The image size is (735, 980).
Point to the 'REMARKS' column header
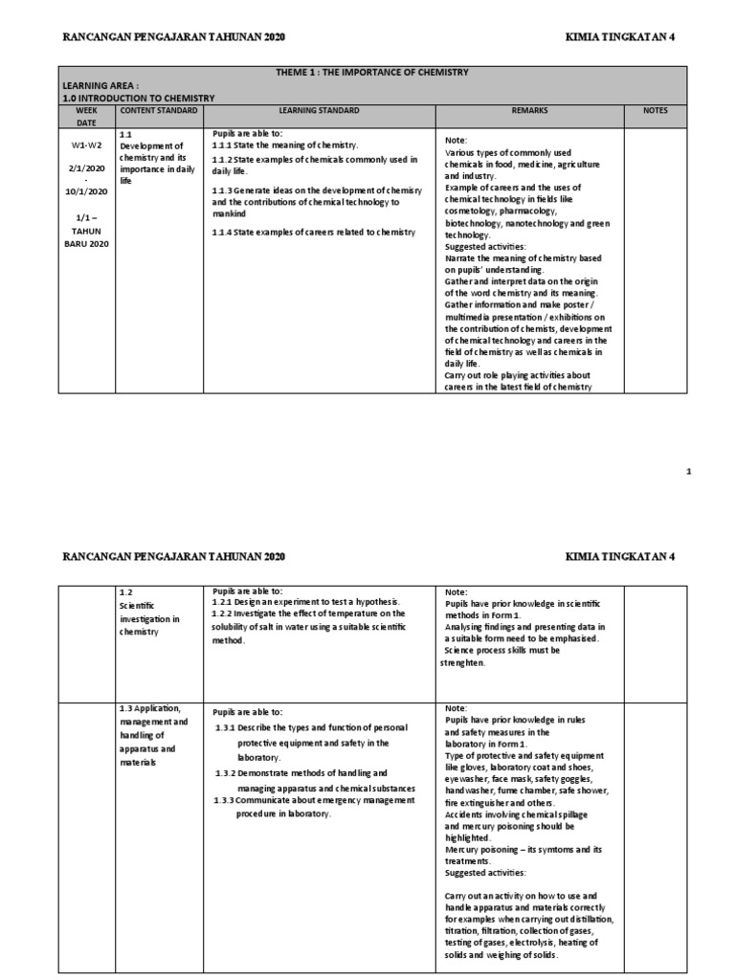pyautogui.click(x=529, y=111)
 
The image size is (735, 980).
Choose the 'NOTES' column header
pyautogui.click(x=656, y=111)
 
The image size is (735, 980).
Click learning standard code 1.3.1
pyautogui.click(x=228, y=727)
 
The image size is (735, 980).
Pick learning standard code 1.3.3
pyautogui.click(x=228, y=800)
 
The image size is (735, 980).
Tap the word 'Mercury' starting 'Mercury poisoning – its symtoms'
pyautogui.click(x=464, y=849)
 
